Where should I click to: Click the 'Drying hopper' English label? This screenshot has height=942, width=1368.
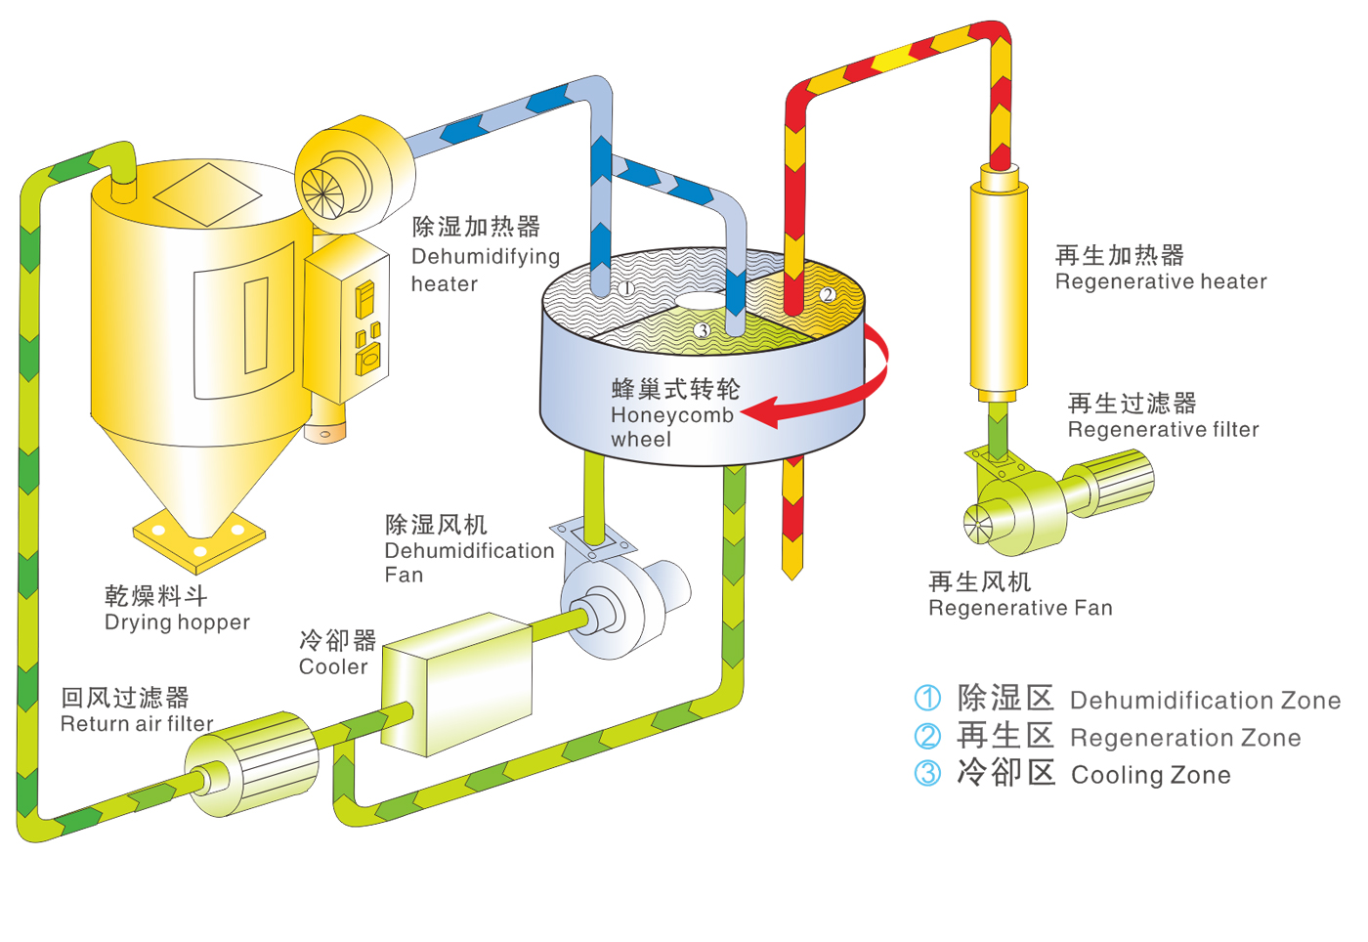[177, 622]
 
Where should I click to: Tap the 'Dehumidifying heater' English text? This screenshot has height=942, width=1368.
[485, 270]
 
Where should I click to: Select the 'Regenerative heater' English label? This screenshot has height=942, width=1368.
[1161, 282]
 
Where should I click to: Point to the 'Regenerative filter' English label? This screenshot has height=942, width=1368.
[1163, 430]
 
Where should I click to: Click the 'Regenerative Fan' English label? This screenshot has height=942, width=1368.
[1020, 609]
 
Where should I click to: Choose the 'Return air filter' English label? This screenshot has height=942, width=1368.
[137, 724]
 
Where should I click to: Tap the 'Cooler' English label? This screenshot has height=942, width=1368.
[333, 667]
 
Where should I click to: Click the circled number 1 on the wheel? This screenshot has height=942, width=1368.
[626, 288]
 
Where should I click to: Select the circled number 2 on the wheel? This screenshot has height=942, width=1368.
[828, 294]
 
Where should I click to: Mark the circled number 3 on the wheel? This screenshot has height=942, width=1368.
[702, 331]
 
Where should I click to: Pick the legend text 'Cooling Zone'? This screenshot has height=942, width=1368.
[1150, 776]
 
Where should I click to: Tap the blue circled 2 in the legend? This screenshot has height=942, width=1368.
[927, 736]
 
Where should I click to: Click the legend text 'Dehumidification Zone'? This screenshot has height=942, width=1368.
[1205, 701]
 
